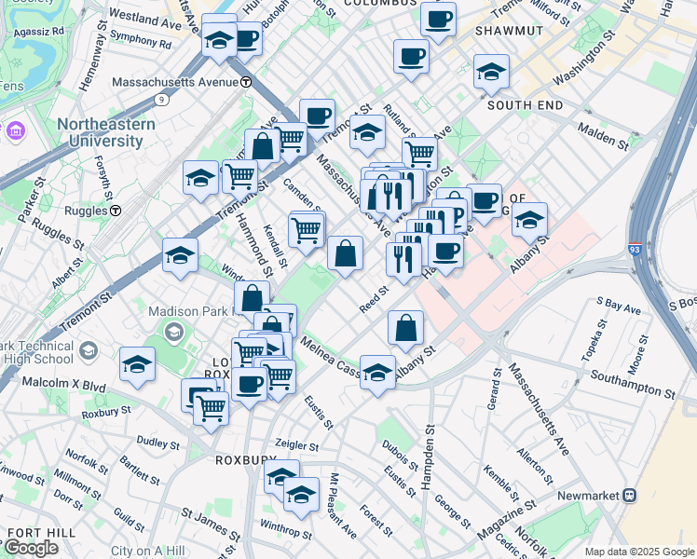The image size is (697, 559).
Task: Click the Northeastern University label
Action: (100, 132)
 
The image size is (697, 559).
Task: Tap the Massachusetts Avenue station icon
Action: (246, 82)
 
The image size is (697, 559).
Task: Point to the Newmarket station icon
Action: (630, 495)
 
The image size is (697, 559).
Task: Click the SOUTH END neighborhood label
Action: (525, 105)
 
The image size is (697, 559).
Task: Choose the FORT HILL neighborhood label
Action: (34, 532)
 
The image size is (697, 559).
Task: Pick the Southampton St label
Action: (636, 380)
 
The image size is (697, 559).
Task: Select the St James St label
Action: (211, 524)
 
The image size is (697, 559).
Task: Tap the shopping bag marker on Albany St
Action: (405, 328)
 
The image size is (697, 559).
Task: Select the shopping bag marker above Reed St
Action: (345, 252)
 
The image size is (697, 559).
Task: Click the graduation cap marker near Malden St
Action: (529, 220)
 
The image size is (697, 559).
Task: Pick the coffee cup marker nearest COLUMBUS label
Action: (437, 18)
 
